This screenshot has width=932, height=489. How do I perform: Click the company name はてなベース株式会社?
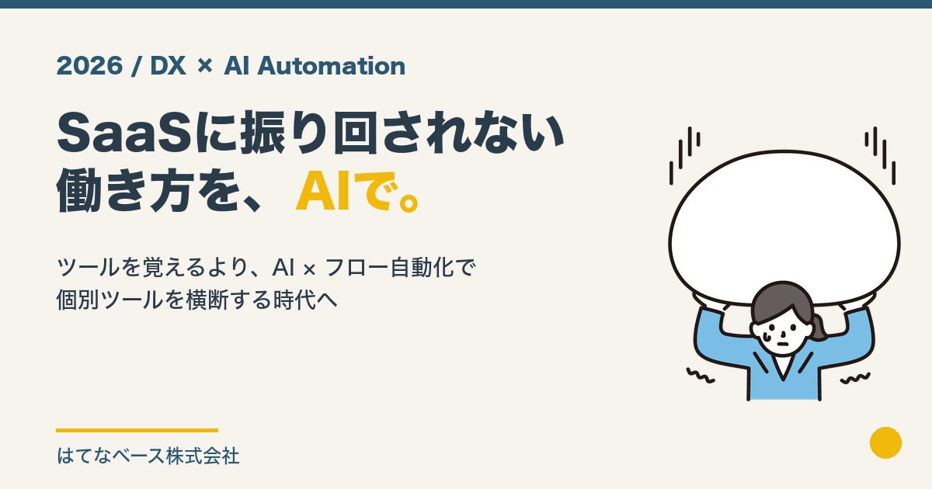coord(148,456)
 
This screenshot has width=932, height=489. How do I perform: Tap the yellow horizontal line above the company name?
coord(137,430)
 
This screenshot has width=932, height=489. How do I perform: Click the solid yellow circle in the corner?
coord(885,442)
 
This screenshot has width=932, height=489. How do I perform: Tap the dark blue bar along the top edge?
coord(466,4)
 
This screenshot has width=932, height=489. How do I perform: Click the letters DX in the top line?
coord(167,67)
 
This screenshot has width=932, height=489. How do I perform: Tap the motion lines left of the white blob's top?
coord(683,155)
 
